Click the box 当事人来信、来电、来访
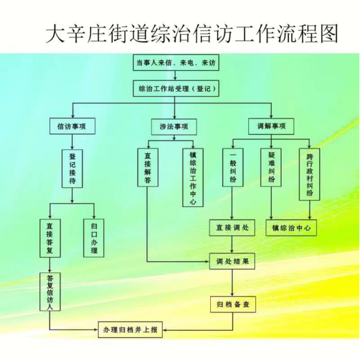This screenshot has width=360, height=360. pyautogui.click(x=176, y=62)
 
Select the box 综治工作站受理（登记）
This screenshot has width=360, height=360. pyautogui.click(x=176, y=88)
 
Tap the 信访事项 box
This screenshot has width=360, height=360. pyautogui.click(x=72, y=126)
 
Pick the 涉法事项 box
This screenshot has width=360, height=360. pyautogui.click(x=174, y=126)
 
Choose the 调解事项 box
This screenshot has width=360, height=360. pyautogui.click(x=271, y=126)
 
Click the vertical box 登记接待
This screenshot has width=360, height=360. pyautogui.click(x=72, y=169)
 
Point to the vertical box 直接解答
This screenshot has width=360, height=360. pyautogui.click(x=148, y=168)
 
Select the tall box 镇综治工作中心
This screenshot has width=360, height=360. pyautogui.click(x=193, y=178)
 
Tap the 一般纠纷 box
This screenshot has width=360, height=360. pyautogui.click(x=233, y=168)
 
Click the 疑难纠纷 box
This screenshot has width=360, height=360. pyautogui.click(x=271, y=168)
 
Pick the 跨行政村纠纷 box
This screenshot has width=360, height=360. pyautogui.click(x=309, y=174)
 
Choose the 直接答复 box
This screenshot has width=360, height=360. pyautogui.click(x=50, y=238)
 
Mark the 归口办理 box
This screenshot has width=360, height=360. pyautogui.click(x=94, y=238)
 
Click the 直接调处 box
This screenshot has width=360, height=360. pyautogui.click(x=232, y=227)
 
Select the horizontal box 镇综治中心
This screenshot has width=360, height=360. pyautogui.click(x=292, y=227)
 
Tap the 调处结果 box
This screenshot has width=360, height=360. pyautogui.click(x=232, y=261)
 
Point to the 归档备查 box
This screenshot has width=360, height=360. pyautogui.click(x=233, y=305)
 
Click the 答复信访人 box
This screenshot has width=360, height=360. pyautogui.click(x=50, y=292)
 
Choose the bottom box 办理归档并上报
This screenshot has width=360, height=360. pyautogui.click(x=130, y=330)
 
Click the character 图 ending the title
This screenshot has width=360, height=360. pyautogui.click(x=329, y=35)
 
